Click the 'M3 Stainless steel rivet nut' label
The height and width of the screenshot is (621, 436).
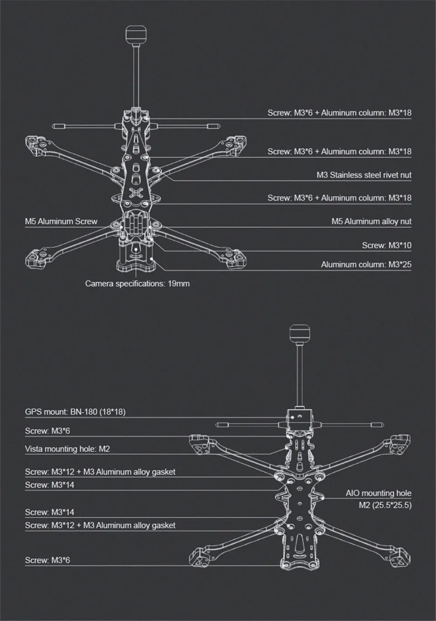(364, 175)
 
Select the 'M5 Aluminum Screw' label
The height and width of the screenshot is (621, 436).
(61, 222)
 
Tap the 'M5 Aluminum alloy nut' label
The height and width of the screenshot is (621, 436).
(371, 222)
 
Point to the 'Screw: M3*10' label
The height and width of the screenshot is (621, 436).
(386, 245)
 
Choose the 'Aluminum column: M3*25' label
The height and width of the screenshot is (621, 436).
(366, 264)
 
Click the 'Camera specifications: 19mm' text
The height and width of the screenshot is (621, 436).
(137, 284)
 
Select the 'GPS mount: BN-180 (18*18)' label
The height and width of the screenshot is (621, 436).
(75, 412)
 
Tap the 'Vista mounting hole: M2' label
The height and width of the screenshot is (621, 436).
(67, 449)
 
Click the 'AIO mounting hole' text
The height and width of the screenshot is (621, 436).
(378, 493)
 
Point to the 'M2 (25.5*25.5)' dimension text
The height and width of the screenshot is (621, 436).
(385, 505)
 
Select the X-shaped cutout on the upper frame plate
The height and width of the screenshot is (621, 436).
(135, 192)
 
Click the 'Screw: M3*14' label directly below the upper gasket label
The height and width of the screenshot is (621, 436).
(50, 485)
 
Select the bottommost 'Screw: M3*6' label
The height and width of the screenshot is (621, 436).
(47, 560)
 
